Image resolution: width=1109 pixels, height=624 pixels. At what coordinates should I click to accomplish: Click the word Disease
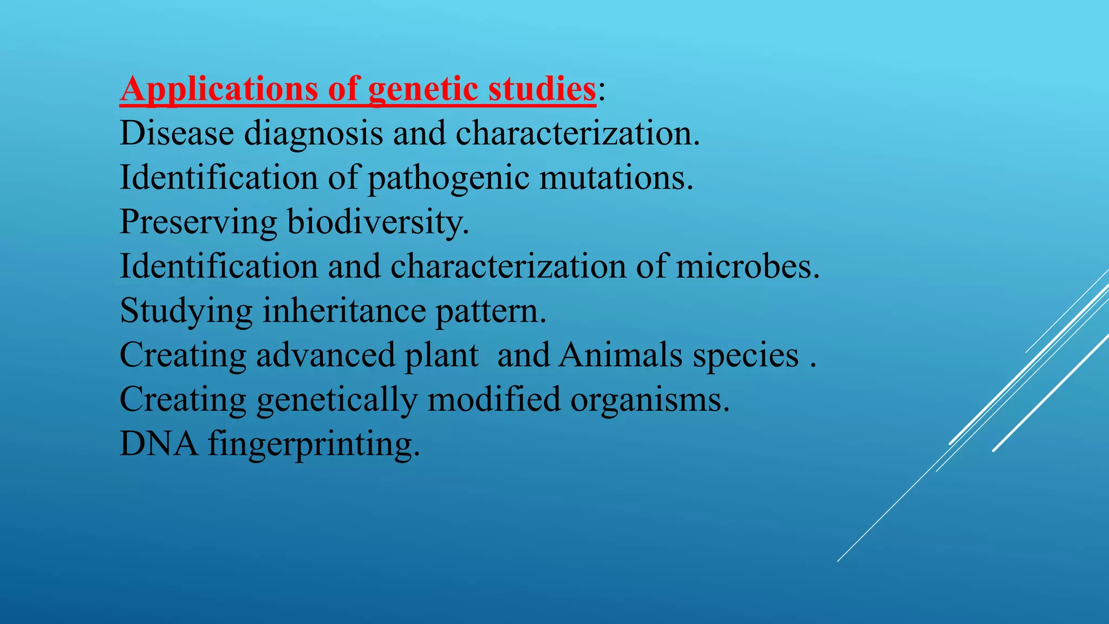177,133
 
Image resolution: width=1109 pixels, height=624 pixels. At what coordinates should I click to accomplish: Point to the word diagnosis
314,134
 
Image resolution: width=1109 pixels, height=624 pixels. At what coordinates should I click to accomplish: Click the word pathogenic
448,179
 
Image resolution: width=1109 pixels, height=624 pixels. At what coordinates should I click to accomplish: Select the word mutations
616,178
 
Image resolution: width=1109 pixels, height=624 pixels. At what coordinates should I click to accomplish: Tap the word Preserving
198,222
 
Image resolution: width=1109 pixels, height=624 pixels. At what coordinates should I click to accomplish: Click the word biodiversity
378,222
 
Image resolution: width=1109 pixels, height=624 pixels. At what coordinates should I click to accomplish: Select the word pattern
491,312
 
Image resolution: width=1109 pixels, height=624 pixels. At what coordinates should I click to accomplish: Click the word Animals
621,355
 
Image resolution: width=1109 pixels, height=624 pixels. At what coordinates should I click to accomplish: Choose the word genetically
337,401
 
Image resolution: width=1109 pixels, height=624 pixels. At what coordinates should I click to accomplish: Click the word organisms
650,401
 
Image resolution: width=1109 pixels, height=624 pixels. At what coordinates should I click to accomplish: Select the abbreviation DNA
158,444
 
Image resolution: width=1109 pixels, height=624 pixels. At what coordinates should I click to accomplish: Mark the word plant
442,356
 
